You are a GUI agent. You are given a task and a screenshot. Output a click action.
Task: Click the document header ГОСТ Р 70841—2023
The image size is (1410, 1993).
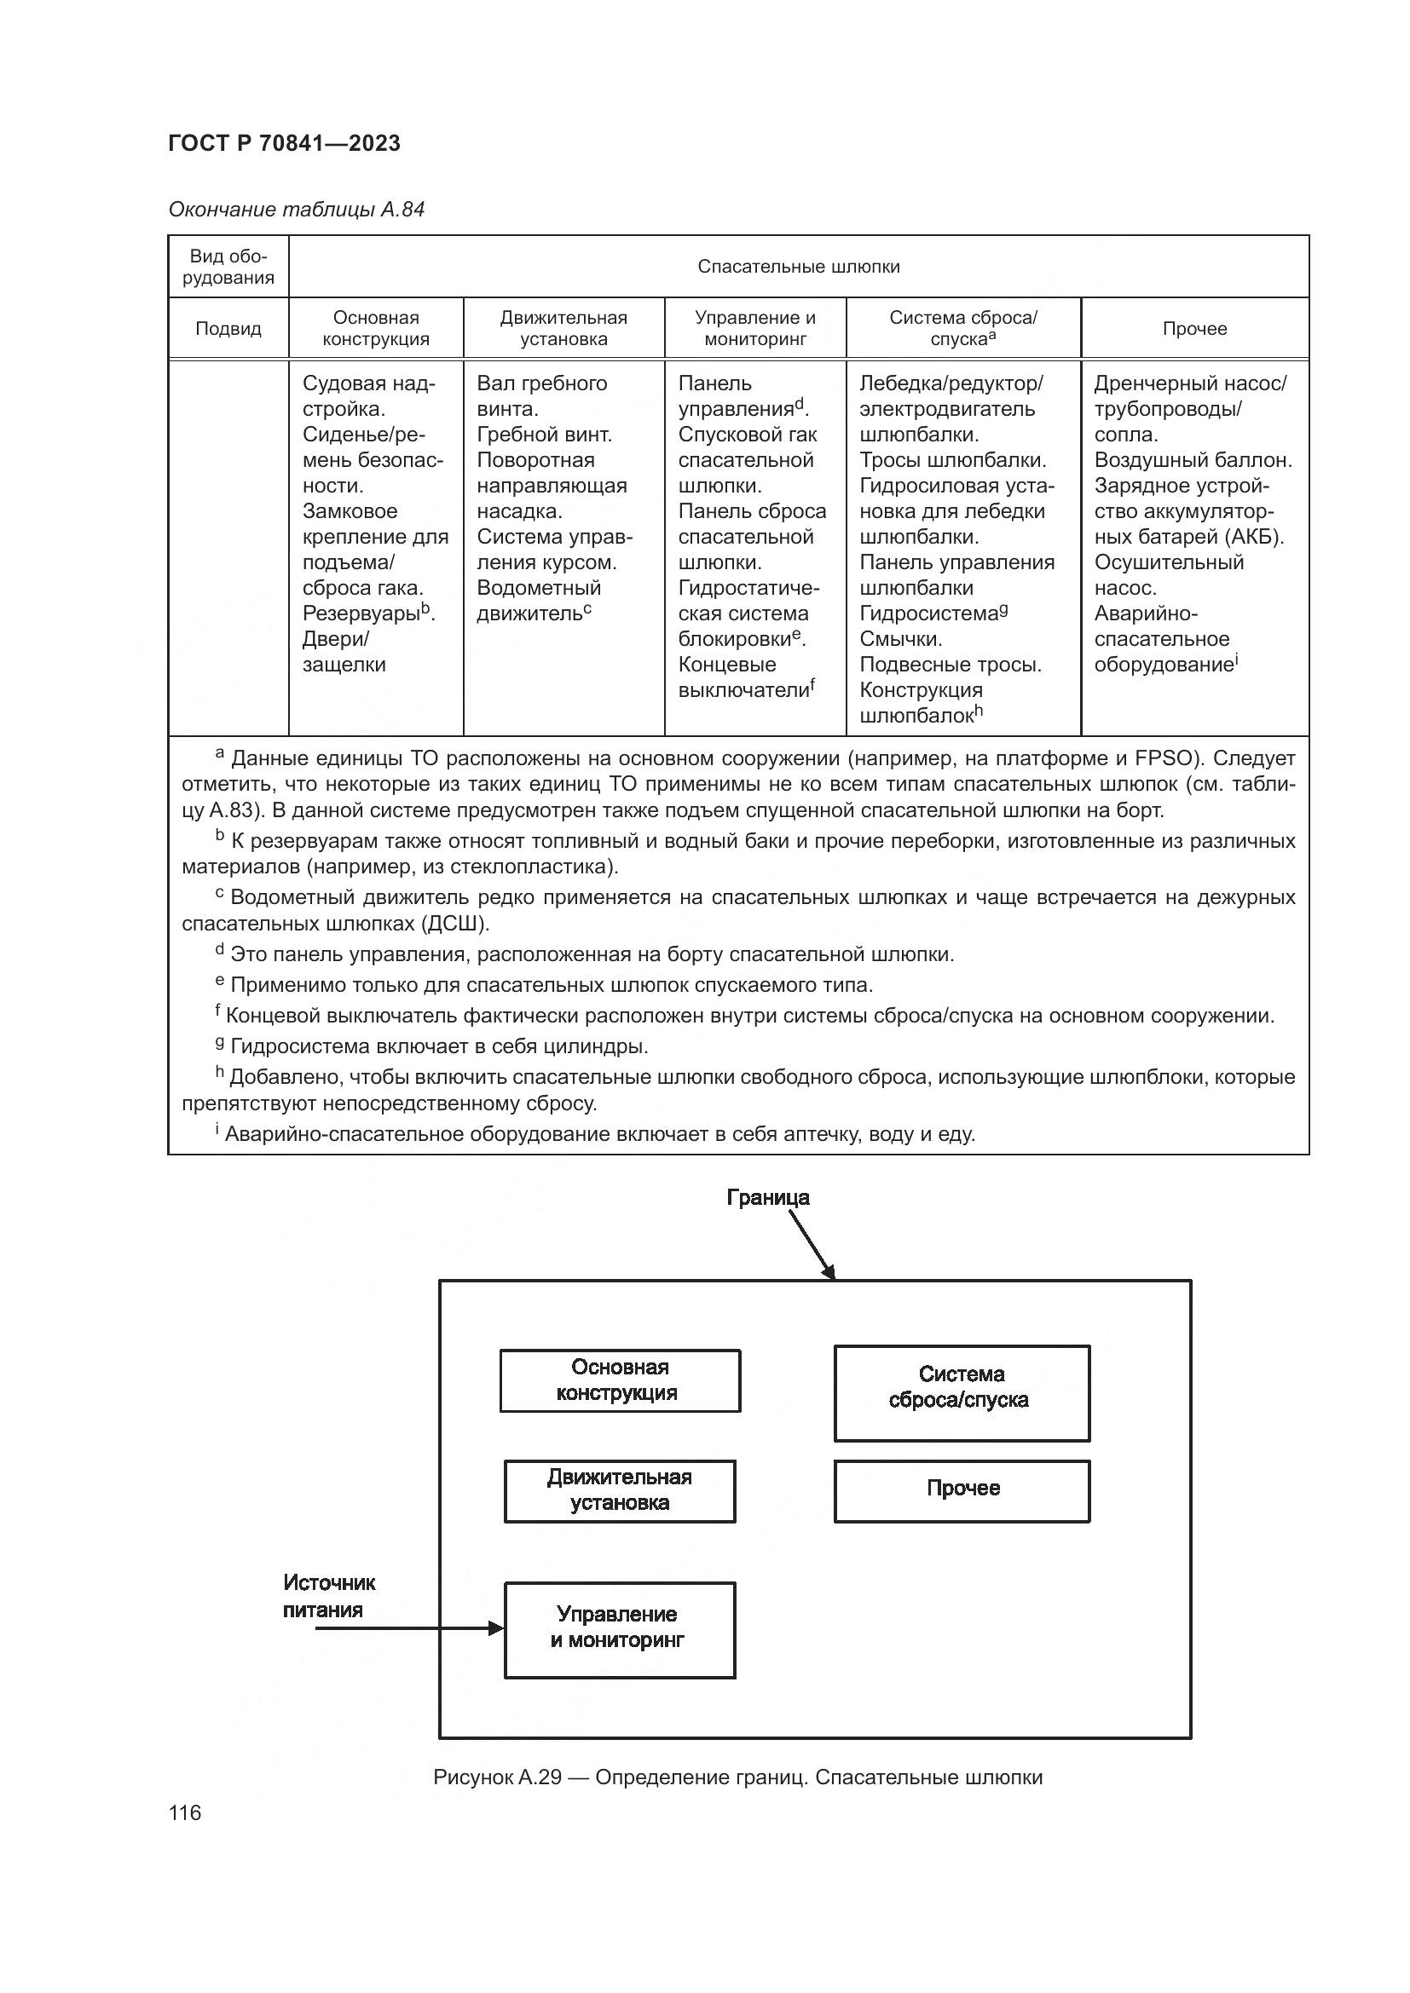coord(284,143)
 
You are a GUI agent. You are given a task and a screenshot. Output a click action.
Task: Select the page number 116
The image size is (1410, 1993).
coord(185,1812)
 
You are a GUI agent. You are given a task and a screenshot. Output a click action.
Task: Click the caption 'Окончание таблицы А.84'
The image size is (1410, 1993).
coord(296,210)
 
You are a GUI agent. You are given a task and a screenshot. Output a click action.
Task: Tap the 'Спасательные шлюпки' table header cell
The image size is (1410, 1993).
coord(798,267)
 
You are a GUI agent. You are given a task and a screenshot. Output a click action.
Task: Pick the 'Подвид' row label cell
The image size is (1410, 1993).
coord(228,328)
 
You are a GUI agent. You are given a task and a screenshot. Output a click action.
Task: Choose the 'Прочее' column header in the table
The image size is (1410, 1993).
coord(1194,328)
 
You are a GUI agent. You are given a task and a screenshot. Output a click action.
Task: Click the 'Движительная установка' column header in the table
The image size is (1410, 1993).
coord(563,328)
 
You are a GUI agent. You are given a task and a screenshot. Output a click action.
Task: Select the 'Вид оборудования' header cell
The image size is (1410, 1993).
coord(228,267)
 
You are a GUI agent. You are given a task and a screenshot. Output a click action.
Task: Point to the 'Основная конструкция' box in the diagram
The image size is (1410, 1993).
coord(619,1380)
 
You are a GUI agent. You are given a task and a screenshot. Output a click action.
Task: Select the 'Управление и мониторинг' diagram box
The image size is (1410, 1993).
coord(619,1630)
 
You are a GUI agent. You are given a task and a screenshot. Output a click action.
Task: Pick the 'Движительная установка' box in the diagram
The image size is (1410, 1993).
coord(619,1491)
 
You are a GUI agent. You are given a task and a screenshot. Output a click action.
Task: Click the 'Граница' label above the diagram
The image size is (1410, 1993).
coord(767,1198)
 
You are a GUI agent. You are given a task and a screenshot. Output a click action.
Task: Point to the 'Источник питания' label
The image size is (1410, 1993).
coord(328,1596)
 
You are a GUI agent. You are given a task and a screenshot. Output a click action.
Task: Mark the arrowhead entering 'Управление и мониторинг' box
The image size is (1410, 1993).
coord(497,1628)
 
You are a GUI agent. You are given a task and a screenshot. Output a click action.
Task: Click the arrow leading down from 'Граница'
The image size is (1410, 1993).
coord(812,1245)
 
